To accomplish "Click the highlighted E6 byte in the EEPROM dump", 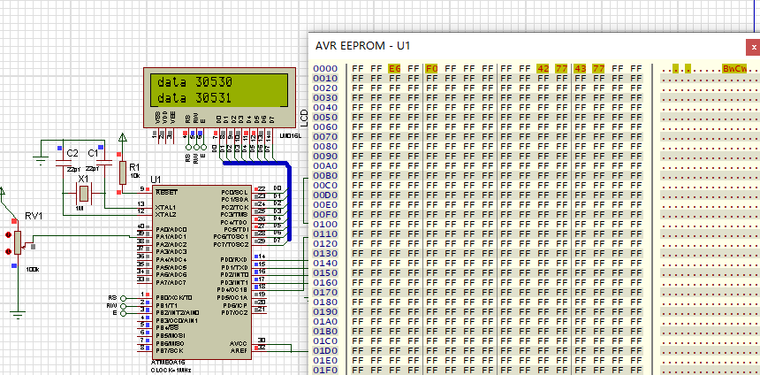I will [x=394, y=68].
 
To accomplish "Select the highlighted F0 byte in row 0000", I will [x=431, y=68].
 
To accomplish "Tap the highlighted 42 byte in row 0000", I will [x=543, y=68].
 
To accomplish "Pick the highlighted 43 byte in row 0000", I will [x=581, y=68].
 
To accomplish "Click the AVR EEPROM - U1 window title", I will [x=363, y=45].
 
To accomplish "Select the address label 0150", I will [x=326, y=272].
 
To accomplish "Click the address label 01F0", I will [x=326, y=369].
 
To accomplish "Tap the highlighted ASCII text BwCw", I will [x=734, y=68].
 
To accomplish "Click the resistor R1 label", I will [x=134, y=166].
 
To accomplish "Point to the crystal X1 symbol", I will [x=84, y=193].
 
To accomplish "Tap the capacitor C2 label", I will [x=72, y=153].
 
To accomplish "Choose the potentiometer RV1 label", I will [x=33, y=215].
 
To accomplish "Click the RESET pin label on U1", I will [x=165, y=191].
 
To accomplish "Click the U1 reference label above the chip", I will [x=156, y=179].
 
